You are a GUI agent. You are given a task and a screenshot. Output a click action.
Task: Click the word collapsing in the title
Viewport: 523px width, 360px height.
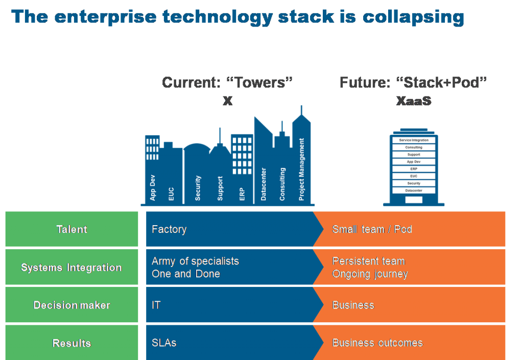pos(413,16)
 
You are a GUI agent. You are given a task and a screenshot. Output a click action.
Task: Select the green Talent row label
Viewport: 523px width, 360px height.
pos(72,229)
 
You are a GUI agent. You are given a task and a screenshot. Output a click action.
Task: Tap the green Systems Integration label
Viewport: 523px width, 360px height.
pos(72,267)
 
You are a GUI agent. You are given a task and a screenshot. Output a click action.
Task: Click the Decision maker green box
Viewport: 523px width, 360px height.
pos(72,305)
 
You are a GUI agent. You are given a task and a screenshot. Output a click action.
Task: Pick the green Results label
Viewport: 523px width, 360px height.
pos(72,343)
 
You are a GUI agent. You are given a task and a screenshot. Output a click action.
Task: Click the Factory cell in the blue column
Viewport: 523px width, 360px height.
pos(169,229)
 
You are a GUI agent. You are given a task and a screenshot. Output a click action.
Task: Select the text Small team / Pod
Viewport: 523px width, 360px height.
pos(372,229)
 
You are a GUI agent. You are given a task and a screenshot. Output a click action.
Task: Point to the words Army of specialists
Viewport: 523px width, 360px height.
pos(195,261)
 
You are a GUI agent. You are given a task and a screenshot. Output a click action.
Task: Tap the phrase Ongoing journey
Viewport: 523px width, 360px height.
pos(370,274)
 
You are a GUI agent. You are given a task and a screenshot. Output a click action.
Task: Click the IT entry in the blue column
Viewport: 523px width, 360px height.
pos(156,305)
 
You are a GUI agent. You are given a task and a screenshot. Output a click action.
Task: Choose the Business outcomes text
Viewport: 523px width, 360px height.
pos(377,343)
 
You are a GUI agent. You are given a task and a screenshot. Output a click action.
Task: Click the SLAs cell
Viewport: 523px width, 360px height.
pos(164,343)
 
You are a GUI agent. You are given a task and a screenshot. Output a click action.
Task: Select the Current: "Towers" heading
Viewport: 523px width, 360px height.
pos(227,83)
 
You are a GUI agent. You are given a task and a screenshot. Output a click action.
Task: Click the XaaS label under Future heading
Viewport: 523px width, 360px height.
pos(414,101)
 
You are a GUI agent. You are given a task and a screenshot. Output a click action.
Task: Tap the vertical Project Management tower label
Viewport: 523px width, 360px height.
pos(302,169)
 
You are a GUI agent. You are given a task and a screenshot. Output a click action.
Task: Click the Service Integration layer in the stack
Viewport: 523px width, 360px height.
pos(414,140)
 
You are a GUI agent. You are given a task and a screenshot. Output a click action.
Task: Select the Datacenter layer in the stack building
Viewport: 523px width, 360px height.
pos(414,190)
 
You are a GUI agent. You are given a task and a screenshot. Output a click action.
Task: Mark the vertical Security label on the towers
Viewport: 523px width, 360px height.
pos(198,187)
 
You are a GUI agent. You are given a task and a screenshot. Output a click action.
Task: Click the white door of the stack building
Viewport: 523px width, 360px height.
pos(414,200)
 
